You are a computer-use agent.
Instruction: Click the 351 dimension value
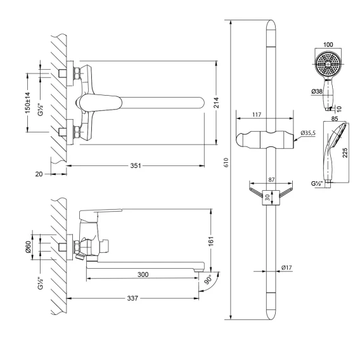136,165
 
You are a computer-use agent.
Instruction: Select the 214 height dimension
216,103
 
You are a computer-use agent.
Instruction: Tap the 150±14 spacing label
27,103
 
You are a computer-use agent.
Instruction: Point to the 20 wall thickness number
39,174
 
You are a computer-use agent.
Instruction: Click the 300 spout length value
143,274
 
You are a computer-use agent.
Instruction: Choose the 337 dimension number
132,299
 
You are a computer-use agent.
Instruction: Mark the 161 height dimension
211,241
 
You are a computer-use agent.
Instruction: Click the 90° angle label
209,280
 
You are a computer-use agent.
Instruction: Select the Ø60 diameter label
28,247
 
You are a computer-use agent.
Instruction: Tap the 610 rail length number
226,162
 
